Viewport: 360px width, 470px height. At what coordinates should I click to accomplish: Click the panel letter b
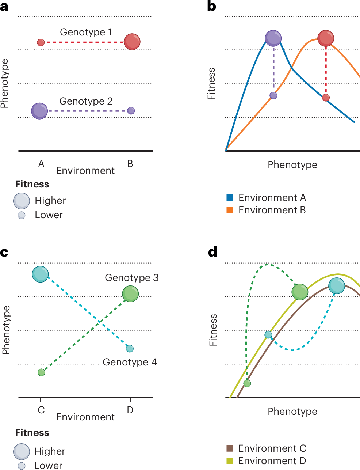click(x=211, y=6)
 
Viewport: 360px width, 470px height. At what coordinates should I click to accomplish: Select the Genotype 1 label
click(x=86, y=32)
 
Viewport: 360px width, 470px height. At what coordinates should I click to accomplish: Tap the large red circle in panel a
click(x=132, y=42)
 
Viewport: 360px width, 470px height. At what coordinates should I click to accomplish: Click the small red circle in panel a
click(x=41, y=42)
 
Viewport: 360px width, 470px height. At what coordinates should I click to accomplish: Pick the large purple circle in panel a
click(x=39, y=111)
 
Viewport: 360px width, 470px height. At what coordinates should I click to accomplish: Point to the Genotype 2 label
click(x=86, y=101)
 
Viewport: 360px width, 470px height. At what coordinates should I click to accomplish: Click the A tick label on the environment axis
click(x=41, y=164)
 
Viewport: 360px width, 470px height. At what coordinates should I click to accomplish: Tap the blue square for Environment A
click(x=230, y=198)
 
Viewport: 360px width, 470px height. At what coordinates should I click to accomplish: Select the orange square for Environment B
click(x=230, y=210)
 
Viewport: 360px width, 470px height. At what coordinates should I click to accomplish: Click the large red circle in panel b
click(x=326, y=38)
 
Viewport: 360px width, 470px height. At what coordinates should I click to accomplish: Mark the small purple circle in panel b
click(x=273, y=95)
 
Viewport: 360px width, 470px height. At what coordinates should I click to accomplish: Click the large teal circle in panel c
click(x=40, y=274)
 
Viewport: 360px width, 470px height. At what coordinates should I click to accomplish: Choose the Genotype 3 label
click(x=131, y=278)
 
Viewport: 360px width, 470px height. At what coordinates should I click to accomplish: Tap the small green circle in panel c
click(x=41, y=372)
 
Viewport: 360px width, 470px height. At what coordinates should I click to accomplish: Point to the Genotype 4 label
click(x=130, y=362)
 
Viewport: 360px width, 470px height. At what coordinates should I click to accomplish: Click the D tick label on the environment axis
click(x=130, y=410)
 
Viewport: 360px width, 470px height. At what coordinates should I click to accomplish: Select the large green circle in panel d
click(x=300, y=292)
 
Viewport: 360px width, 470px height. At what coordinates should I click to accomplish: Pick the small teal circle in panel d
click(x=268, y=335)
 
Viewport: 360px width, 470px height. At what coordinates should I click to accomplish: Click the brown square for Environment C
click(x=230, y=448)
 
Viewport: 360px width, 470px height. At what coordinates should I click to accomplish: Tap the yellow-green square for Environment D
click(x=230, y=461)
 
